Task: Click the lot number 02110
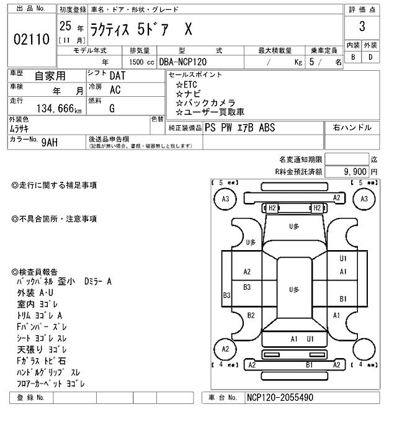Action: [x=31, y=40]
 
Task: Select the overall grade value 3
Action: [x=361, y=27]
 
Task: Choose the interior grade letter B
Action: [x=353, y=58]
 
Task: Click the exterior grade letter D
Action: [x=370, y=58]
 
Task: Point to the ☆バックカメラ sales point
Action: [x=205, y=102]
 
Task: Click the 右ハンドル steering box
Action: [x=352, y=128]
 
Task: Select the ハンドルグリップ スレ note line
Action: [x=48, y=372]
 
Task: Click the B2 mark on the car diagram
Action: [x=251, y=315]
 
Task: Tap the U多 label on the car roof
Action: [x=294, y=289]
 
